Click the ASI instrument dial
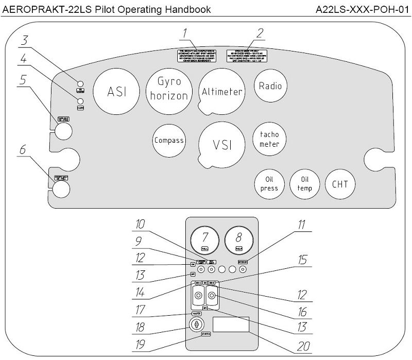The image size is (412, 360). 116,91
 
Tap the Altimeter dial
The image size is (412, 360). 221,92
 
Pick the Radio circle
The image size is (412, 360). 270,85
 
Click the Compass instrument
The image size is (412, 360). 169,140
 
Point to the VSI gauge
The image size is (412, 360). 222,145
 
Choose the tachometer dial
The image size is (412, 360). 269,139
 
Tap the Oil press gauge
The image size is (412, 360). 269,184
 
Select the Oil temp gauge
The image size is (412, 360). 304,184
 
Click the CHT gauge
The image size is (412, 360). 340,184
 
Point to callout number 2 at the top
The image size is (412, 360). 260,34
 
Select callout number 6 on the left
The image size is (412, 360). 22,149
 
